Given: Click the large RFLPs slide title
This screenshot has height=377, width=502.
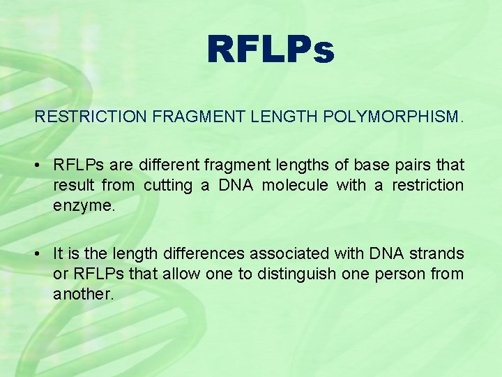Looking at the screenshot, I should pos(271,50).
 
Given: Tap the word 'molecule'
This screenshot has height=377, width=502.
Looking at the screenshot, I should pos(292,185).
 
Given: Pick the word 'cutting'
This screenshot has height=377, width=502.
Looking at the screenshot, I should pos(168,185).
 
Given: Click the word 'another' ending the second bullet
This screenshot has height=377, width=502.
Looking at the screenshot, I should pos(82,293).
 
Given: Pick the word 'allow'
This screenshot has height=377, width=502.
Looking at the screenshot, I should pos(179,274).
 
